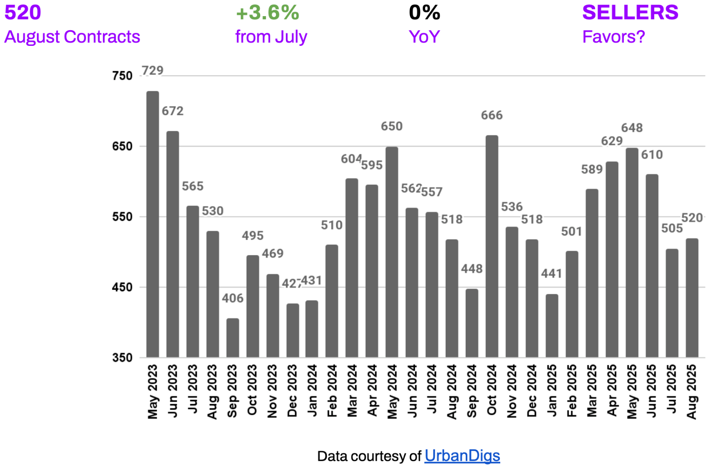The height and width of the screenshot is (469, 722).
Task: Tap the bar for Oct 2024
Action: (x=492, y=246)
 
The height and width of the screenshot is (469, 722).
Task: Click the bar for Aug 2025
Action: (x=692, y=298)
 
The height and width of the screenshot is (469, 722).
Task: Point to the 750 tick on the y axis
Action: (x=122, y=76)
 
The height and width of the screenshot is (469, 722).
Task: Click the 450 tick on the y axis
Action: (x=122, y=287)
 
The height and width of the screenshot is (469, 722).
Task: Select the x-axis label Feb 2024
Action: (x=332, y=391)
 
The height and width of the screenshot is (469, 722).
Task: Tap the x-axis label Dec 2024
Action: (x=532, y=391)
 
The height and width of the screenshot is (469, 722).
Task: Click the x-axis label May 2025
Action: (x=632, y=392)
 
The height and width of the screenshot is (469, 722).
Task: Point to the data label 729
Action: (x=152, y=70)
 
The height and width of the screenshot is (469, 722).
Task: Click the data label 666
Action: (x=492, y=115)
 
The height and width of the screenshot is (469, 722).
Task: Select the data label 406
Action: (x=233, y=298)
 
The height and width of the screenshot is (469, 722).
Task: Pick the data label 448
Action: (x=472, y=269)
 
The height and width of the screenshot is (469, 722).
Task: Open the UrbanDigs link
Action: (x=462, y=456)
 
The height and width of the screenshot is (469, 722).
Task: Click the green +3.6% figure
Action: (x=267, y=13)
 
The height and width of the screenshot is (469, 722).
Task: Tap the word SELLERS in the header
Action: (x=630, y=13)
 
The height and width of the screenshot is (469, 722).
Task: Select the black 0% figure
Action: (x=424, y=13)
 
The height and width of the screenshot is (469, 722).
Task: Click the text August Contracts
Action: (x=72, y=37)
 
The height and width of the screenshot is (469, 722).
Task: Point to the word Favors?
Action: (x=613, y=37)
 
